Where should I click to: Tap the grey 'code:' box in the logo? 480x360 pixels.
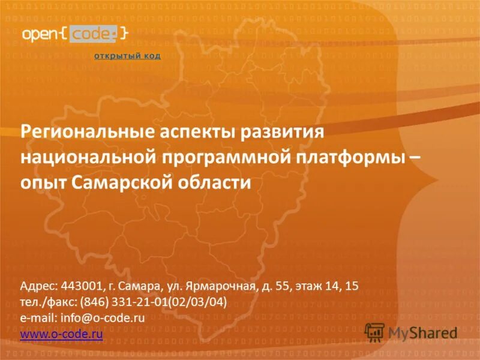pyautogui.click(x=92, y=34)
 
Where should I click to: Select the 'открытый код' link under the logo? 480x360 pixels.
pyautogui.click(x=127, y=56)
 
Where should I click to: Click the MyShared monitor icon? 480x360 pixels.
pyautogui.click(x=374, y=332)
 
